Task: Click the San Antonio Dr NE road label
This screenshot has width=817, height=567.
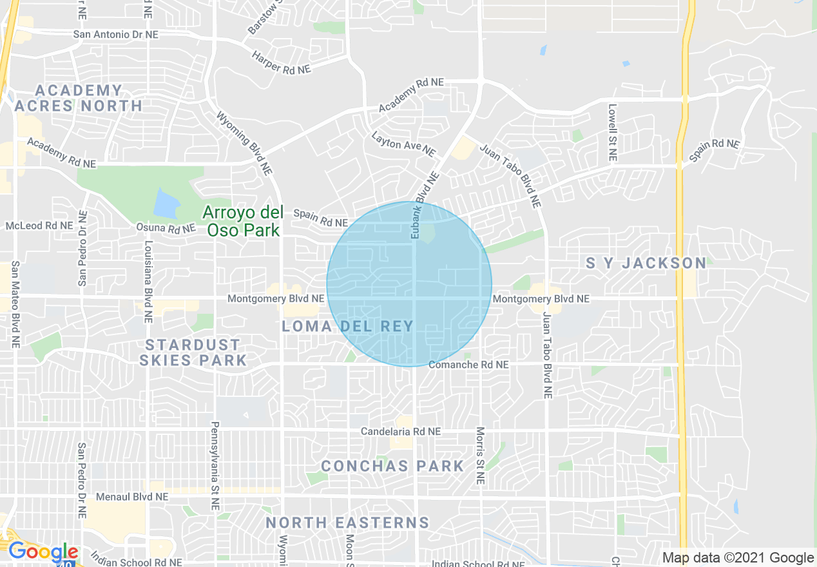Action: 115,34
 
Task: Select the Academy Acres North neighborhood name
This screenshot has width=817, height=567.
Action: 79,98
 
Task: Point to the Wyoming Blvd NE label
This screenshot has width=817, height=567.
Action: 244,144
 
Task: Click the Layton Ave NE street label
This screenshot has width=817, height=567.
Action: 403,144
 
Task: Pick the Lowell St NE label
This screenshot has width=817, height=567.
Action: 612,133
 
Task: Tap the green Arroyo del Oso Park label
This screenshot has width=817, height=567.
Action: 242,220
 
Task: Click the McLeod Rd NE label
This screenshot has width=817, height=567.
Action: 39,226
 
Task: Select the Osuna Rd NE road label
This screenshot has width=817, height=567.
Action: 166,227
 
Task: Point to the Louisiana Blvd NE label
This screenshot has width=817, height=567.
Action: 148,282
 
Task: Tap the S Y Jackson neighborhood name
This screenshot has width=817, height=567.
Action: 646,263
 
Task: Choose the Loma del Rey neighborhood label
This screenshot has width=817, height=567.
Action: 347,326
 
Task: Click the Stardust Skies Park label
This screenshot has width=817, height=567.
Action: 193,352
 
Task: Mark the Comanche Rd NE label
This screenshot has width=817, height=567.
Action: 468,365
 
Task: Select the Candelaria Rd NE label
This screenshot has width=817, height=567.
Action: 401,431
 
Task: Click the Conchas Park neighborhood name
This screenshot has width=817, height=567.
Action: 392,466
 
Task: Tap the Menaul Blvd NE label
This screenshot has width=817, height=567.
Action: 132,497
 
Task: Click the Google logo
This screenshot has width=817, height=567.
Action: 43,552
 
